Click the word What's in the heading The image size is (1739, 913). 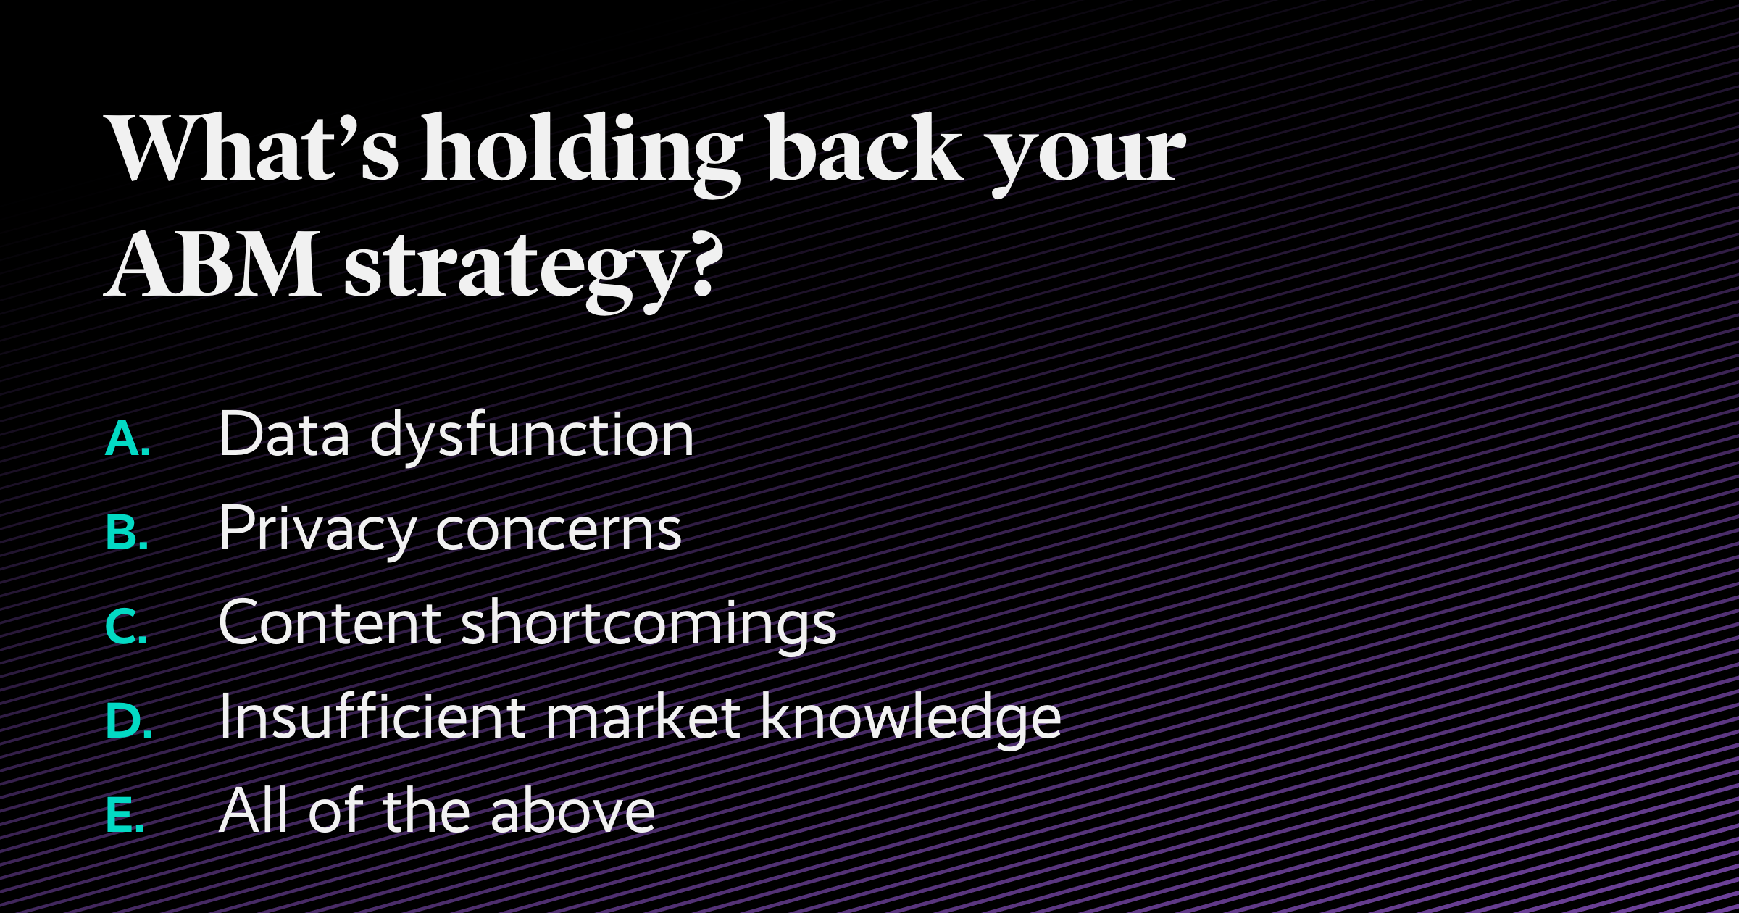[x=254, y=149]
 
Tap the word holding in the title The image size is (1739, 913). [x=580, y=152]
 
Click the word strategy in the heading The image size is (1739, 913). [x=514, y=268]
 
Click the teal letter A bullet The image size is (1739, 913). [x=127, y=439]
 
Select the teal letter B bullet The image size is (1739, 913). [x=127, y=533]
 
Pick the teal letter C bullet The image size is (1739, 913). [x=126, y=627]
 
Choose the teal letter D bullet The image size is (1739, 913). [x=128, y=721]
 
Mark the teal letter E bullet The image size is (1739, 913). [x=125, y=815]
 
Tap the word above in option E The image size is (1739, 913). [x=572, y=812]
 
